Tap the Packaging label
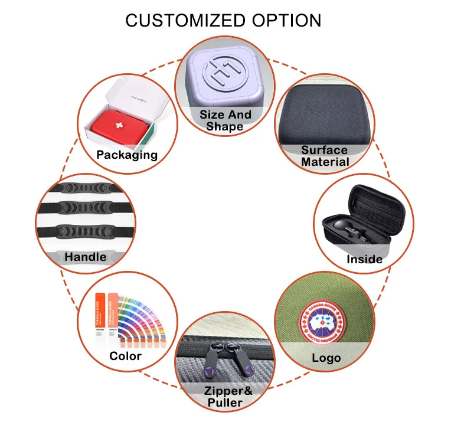point(128,155)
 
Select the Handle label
point(86,257)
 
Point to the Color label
point(126,356)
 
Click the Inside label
point(364,259)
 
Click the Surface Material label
point(325,156)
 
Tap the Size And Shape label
point(225,120)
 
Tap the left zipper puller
point(210,364)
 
